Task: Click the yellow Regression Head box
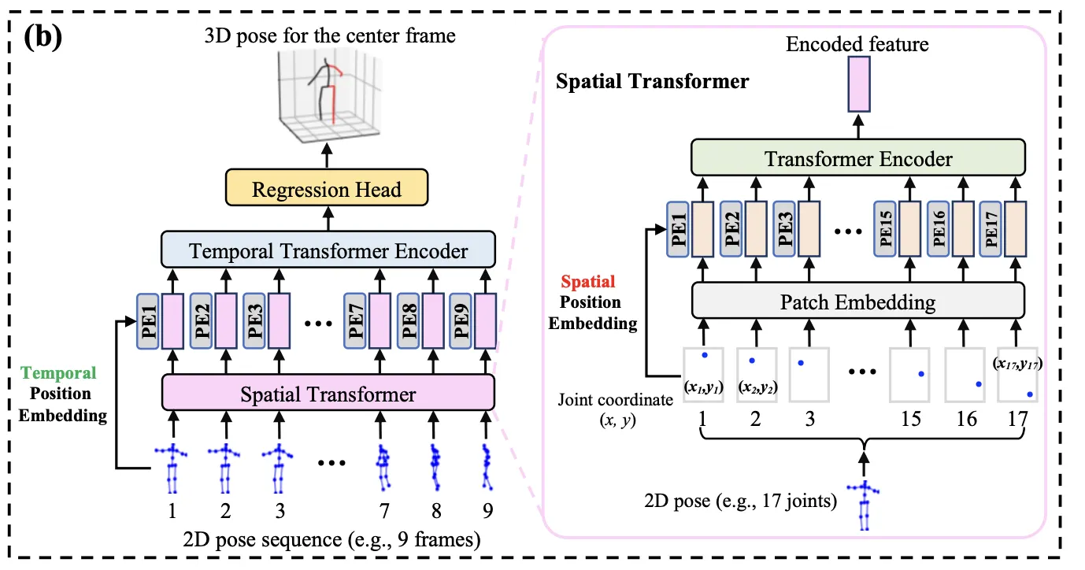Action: click(x=326, y=189)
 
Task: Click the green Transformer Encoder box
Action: click(x=858, y=160)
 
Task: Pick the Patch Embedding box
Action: click(x=858, y=302)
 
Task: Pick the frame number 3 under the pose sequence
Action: click(x=277, y=512)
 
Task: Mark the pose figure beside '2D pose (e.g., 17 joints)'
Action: click(x=866, y=504)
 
